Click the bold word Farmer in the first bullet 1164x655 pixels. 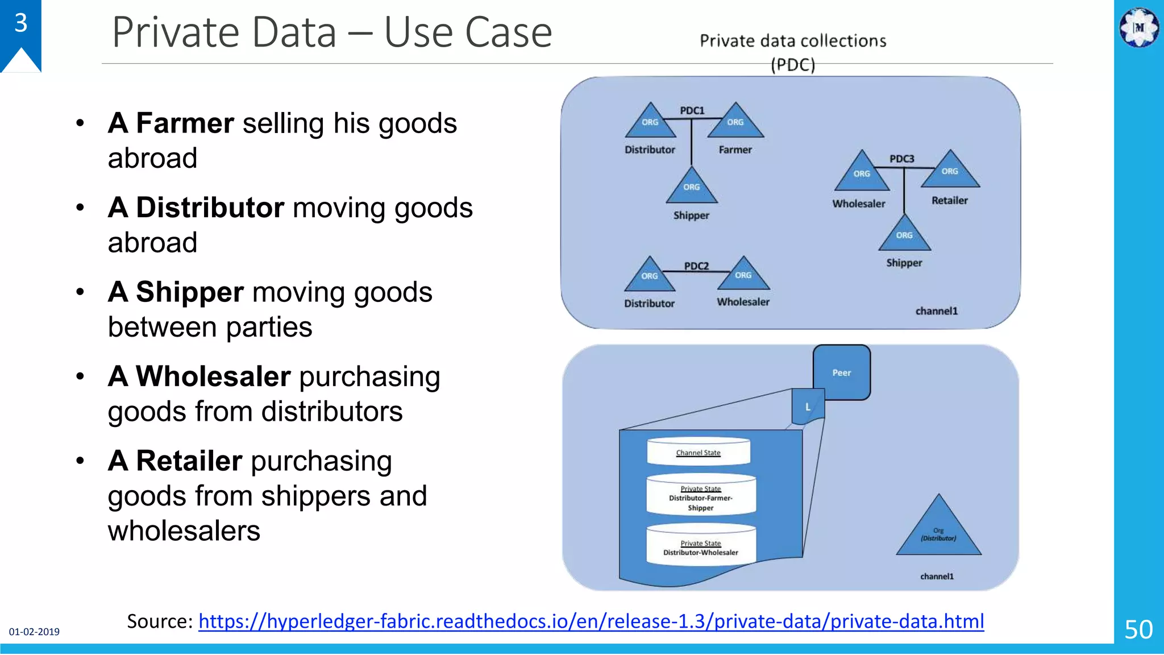(x=185, y=123)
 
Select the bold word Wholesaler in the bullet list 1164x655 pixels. (x=213, y=376)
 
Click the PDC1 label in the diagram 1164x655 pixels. (x=692, y=110)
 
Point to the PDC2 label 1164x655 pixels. (x=696, y=266)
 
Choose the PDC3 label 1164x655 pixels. (x=901, y=159)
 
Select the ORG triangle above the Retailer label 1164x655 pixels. (x=950, y=172)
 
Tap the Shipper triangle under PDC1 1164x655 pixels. (x=692, y=188)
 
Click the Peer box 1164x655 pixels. (x=842, y=372)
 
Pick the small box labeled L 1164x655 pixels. (x=808, y=407)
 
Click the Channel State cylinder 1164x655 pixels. (x=699, y=453)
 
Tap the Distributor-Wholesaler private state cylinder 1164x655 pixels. (x=701, y=546)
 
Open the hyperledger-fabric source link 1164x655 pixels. (x=591, y=621)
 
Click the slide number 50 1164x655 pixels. (x=1138, y=629)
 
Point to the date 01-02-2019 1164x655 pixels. (x=34, y=632)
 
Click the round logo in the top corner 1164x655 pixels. (x=1139, y=27)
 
